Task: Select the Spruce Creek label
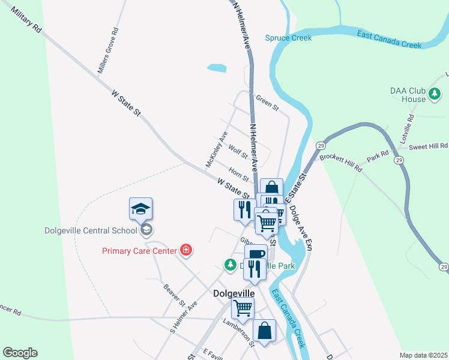289,38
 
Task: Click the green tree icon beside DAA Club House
434,94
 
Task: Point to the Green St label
267,103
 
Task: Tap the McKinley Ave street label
216,149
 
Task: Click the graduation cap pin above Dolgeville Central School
140,209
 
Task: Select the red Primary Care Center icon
186,250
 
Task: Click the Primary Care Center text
139,251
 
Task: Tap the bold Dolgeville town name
234,293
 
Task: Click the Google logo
20,353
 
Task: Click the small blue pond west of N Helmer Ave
217,68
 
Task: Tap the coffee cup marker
256,254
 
